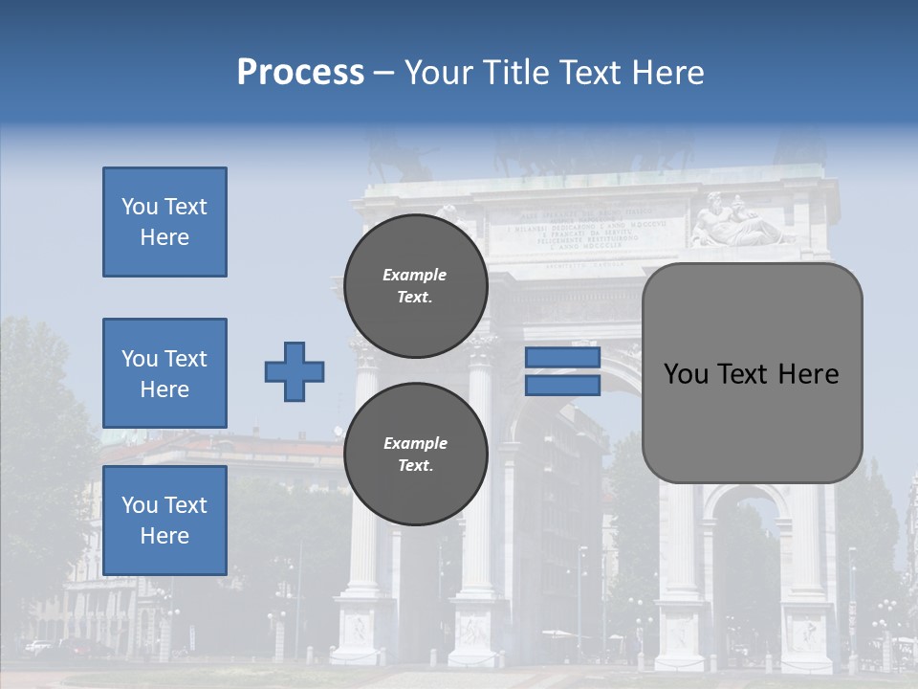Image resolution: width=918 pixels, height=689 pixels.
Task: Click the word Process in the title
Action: pos(300,73)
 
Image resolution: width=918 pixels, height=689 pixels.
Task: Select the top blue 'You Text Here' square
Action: pos(164,222)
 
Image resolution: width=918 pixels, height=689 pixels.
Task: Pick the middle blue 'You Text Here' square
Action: pos(164,373)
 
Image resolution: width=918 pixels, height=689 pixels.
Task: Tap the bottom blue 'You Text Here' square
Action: pos(164,520)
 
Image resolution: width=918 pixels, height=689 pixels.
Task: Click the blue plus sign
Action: pos(295,371)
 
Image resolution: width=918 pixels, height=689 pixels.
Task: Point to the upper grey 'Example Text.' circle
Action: pos(415,286)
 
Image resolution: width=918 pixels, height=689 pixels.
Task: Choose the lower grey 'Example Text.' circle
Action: pos(415,455)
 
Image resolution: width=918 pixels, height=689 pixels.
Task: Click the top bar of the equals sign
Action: pos(562,358)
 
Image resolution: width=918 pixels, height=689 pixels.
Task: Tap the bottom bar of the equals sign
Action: pos(562,385)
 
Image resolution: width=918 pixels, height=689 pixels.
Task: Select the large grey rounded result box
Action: pos(752,421)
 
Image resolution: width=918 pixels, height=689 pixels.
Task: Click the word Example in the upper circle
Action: pos(415,275)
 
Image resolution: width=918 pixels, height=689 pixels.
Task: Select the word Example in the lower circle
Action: pos(415,443)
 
